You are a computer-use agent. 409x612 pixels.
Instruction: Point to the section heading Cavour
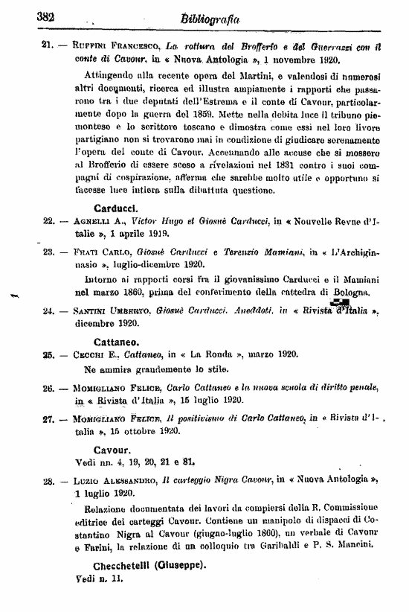(112, 450)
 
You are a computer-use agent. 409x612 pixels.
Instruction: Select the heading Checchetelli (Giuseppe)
(138, 564)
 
